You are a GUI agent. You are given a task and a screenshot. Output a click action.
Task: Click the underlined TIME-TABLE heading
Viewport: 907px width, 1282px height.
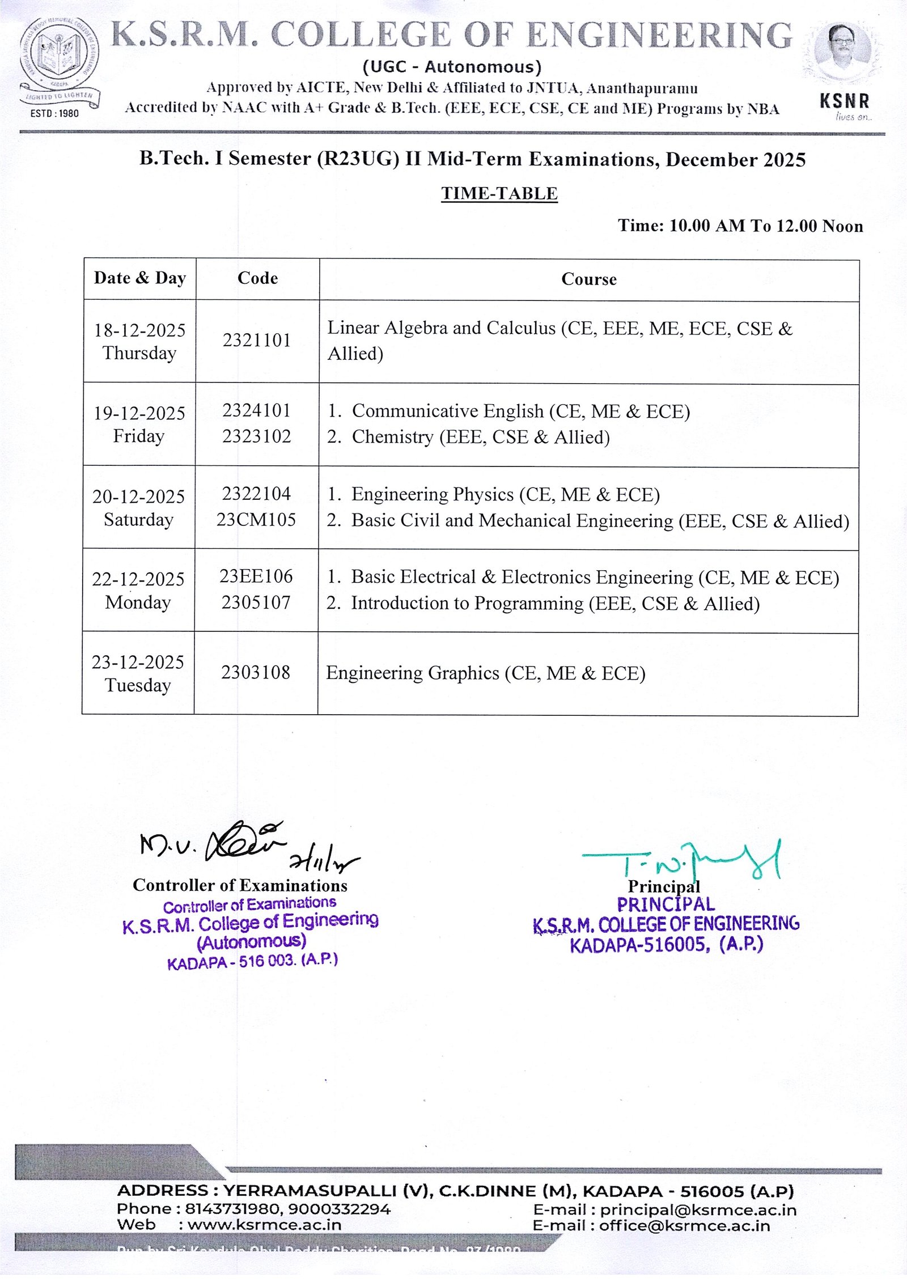point(499,193)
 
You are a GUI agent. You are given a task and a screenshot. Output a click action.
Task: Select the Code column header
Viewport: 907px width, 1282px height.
point(257,278)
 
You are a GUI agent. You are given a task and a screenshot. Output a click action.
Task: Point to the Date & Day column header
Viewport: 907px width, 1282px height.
point(139,278)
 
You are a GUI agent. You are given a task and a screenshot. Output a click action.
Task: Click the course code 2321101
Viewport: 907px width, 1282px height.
point(256,340)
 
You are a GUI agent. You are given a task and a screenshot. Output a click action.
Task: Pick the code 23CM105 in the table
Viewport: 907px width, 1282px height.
point(256,520)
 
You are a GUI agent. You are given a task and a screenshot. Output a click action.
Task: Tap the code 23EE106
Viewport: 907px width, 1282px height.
point(256,576)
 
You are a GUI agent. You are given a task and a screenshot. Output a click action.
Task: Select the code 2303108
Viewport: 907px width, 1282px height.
point(256,673)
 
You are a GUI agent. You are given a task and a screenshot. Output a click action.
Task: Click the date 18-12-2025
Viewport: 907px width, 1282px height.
point(139,330)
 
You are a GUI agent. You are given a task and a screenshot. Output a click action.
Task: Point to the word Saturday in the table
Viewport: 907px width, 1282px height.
point(138,520)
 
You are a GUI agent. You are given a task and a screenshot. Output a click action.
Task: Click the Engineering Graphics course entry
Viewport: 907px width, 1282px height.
point(485,673)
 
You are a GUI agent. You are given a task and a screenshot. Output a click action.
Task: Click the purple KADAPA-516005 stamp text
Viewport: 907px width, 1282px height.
point(666,945)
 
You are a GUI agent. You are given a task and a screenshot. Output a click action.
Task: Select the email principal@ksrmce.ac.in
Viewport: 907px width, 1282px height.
point(698,1210)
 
